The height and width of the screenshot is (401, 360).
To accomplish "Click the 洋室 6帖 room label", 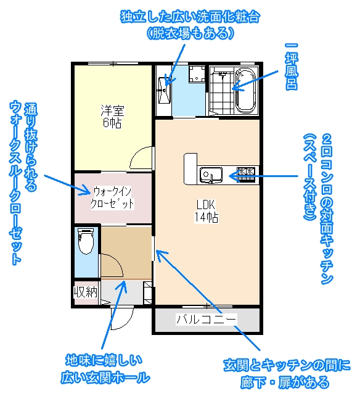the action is tap(112, 117).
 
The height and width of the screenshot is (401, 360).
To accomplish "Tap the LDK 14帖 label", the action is tap(206, 211).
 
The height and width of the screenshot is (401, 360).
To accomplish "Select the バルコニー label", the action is tap(207, 319).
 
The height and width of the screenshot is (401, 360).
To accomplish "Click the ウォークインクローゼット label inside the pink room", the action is tap(112, 198).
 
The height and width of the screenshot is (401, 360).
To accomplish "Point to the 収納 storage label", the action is tap(86, 292).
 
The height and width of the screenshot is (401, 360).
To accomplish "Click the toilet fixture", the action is tap(86, 241).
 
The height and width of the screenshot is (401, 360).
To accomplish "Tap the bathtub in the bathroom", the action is tap(245, 91).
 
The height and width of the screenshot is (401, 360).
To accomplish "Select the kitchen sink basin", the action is tap(211, 175).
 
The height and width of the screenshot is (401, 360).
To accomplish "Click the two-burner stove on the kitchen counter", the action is tap(246, 175).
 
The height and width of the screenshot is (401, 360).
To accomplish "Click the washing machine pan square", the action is tap(197, 74).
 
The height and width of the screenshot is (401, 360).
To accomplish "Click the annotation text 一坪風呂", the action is tap(292, 67).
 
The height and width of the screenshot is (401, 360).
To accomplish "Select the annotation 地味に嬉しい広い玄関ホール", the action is tap(105, 370).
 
